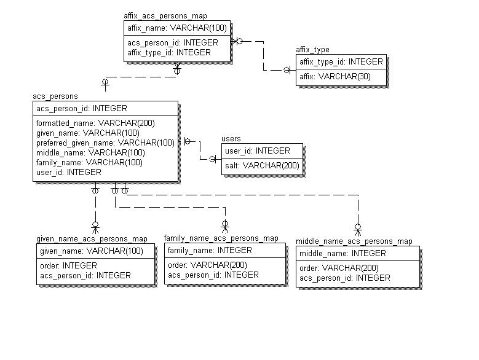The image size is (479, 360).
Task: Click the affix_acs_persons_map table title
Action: click(165, 16)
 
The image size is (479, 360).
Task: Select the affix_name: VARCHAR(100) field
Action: click(176, 28)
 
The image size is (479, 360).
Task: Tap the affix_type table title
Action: click(312, 50)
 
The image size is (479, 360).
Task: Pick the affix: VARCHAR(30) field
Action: click(335, 77)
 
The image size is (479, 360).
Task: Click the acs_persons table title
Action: click(55, 96)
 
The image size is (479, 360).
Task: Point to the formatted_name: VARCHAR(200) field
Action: click(95, 123)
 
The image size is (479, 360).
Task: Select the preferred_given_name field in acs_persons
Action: click(105, 143)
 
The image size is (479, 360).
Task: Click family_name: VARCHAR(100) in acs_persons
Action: click(89, 162)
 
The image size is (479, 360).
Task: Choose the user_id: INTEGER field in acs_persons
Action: click(68, 172)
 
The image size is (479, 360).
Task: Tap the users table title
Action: click(231, 139)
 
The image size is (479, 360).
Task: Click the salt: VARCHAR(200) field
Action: click(262, 165)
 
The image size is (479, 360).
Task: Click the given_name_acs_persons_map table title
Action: click(92, 238)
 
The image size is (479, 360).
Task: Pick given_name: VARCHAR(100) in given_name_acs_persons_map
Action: click(91, 251)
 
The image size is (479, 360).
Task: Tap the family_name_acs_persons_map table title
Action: click(221, 238)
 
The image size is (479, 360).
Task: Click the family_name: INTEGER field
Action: click(210, 250)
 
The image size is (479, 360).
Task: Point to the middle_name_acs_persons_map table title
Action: click(354, 241)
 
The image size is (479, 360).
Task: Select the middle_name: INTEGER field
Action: click(342, 253)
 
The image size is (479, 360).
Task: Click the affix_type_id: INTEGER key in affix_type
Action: click(341, 61)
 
